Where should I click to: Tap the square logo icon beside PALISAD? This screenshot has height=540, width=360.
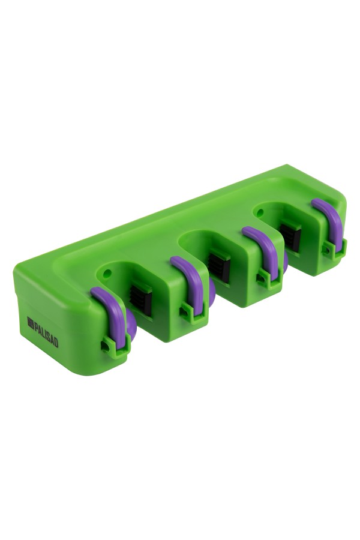(31, 323)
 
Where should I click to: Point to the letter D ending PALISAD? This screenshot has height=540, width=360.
(56, 343)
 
